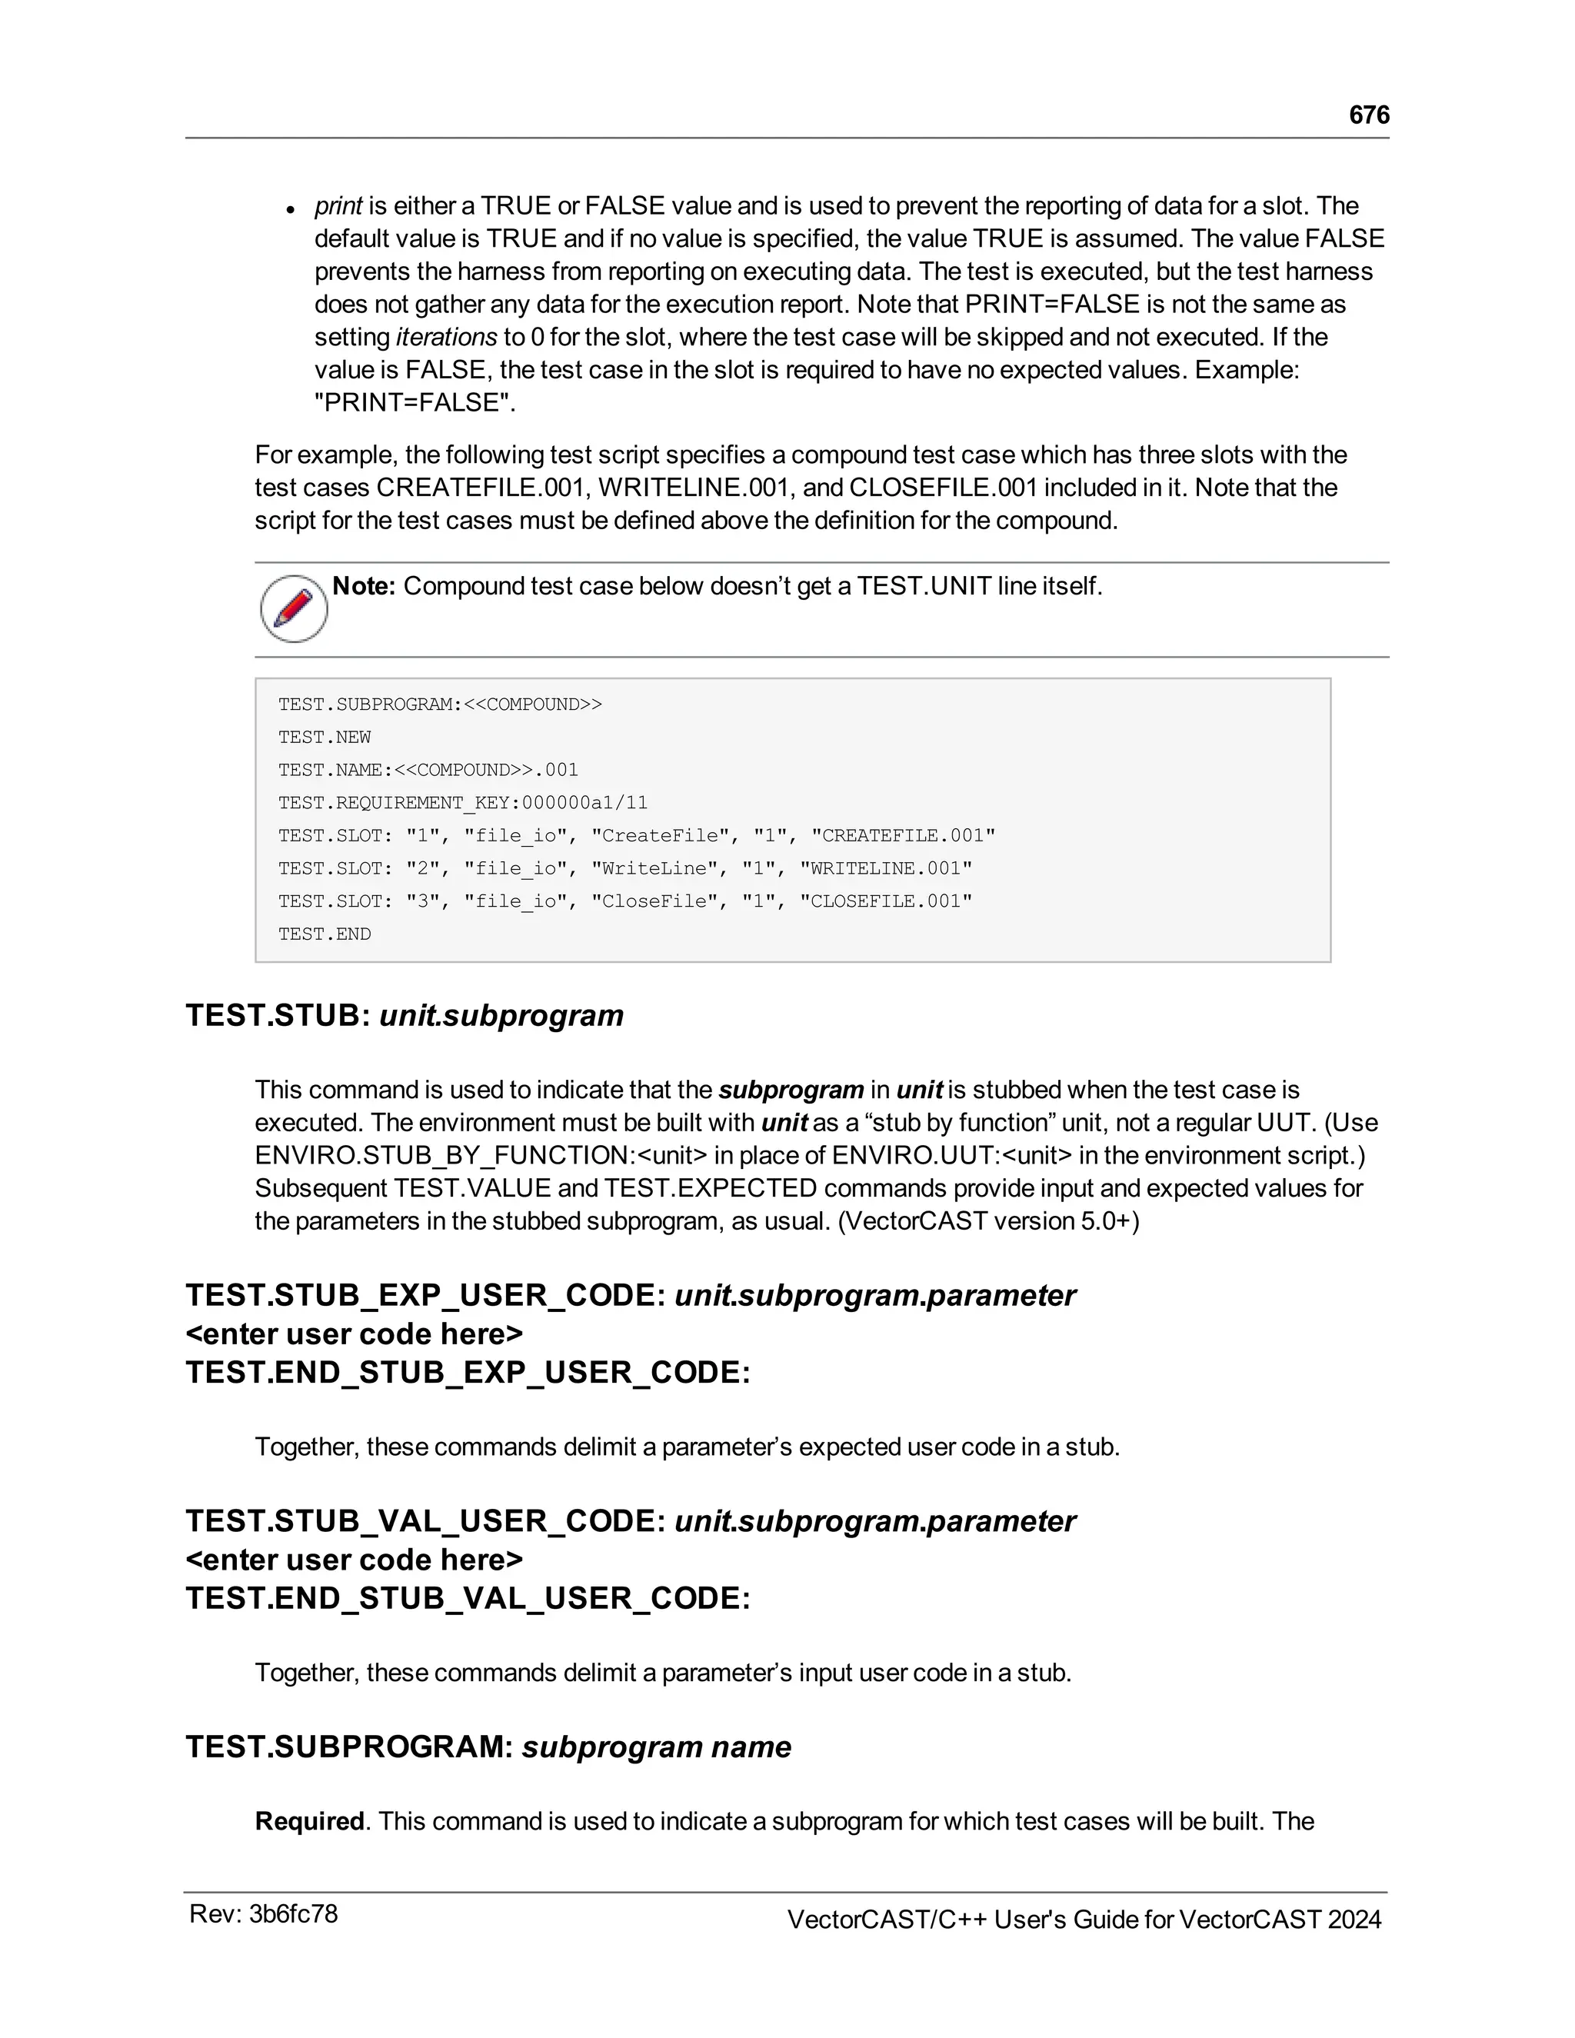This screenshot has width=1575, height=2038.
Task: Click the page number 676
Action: coord(1369,115)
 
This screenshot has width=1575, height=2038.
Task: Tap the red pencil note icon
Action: coord(294,608)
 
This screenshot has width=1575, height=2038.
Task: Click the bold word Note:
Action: coord(364,586)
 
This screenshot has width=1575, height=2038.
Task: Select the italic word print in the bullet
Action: coord(338,206)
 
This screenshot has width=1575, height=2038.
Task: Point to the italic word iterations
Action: coord(446,337)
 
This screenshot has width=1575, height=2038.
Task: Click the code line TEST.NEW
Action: coord(324,738)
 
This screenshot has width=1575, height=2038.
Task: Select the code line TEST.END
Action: coord(324,934)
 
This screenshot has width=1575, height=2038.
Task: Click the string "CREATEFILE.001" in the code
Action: coord(902,835)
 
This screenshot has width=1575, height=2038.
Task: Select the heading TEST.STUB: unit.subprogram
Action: coord(404,1015)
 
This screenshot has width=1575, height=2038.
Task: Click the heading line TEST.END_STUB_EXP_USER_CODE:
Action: coord(468,1372)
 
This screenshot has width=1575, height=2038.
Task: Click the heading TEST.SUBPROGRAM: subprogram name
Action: coord(488,1747)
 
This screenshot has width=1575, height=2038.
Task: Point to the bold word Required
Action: coord(309,1821)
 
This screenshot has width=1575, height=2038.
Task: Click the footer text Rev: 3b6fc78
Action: coord(263,1914)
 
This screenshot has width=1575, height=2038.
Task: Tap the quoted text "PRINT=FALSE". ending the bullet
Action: coord(415,403)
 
